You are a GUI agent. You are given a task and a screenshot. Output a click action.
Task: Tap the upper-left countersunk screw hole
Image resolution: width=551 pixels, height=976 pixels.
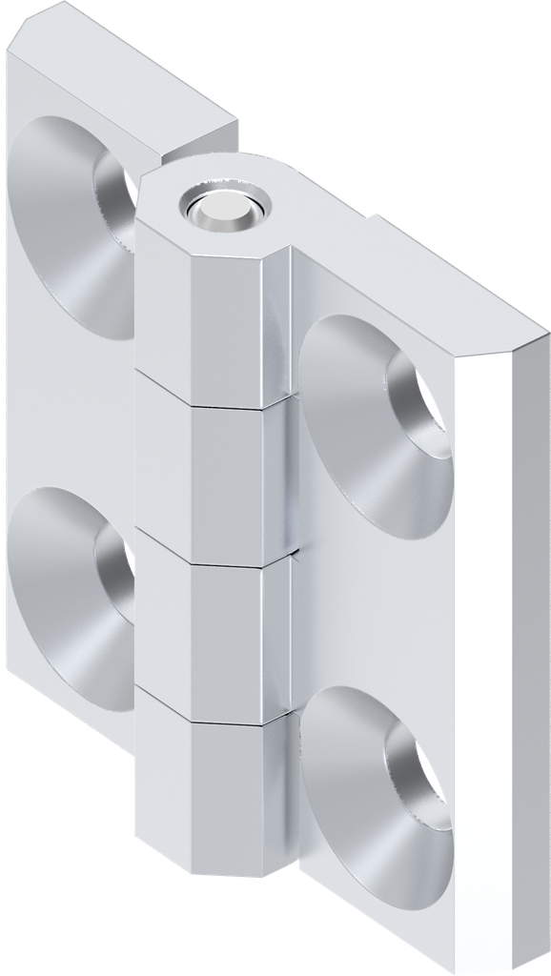(x=76, y=224)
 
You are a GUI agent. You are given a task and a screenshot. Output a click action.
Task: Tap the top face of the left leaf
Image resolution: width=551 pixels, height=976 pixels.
(x=124, y=81)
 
